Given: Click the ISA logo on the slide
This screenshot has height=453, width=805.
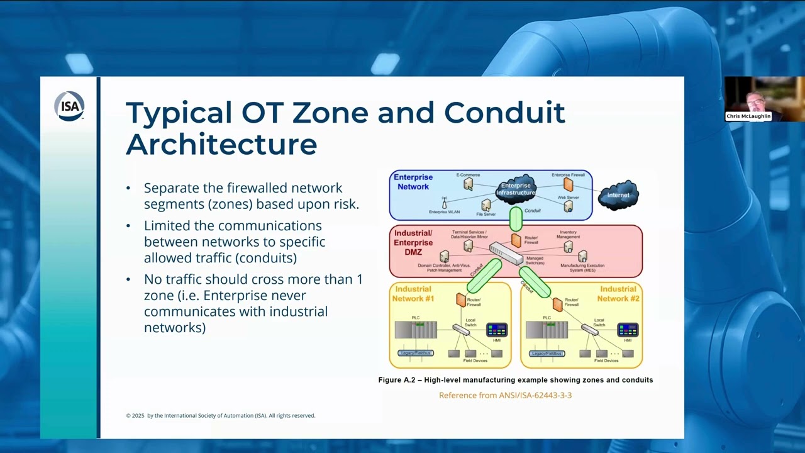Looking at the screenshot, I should (x=69, y=106).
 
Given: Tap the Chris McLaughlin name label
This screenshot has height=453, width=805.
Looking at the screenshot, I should (x=748, y=116).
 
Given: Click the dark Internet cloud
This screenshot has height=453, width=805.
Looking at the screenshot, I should (x=618, y=194).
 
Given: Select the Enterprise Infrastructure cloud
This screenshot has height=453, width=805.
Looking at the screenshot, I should (x=516, y=189).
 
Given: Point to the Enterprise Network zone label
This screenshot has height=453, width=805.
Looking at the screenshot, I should (x=413, y=182).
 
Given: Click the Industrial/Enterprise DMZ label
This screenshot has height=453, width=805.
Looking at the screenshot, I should (x=413, y=243).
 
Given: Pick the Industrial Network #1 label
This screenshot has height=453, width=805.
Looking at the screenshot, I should (x=413, y=294).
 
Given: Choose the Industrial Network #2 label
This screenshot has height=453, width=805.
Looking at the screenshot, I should (x=618, y=294).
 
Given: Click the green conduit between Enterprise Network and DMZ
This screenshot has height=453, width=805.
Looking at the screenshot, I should (x=516, y=219).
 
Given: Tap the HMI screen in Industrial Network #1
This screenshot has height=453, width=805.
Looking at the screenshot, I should (x=496, y=330).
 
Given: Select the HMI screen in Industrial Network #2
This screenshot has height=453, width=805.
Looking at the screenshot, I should (x=628, y=330).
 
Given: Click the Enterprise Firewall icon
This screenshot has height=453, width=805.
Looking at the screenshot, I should (x=568, y=184).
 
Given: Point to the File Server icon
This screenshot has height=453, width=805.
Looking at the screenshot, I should (x=486, y=205).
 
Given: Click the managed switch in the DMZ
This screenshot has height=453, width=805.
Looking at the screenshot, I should (x=506, y=254).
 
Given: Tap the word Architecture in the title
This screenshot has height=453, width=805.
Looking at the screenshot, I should (x=221, y=144).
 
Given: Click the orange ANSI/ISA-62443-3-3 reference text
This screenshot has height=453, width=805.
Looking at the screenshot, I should (x=505, y=395).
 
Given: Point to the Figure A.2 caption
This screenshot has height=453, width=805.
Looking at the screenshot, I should (x=515, y=380).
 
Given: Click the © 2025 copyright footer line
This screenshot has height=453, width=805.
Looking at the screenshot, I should (x=220, y=416).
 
